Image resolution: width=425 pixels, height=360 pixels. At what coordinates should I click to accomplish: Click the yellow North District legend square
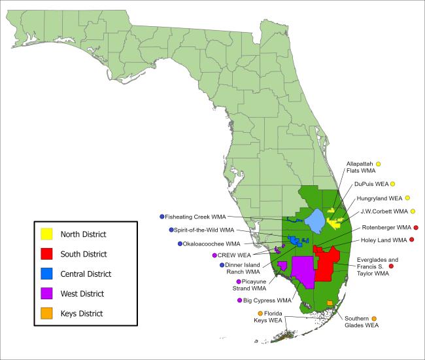(46, 234)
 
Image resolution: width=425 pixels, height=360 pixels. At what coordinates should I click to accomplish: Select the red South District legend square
(46, 254)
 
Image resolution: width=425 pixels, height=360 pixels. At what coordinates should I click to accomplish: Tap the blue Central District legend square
(46, 274)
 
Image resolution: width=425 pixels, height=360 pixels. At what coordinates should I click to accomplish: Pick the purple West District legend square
(46, 294)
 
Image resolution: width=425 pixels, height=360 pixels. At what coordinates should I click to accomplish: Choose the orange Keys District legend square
(46, 314)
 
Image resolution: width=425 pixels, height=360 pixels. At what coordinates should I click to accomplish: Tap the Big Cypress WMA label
(267, 301)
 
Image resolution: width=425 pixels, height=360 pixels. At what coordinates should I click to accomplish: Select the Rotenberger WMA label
(386, 228)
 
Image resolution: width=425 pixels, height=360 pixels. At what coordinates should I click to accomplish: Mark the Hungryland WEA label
(380, 198)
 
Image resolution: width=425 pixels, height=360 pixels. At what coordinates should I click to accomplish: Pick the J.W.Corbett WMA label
(382, 211)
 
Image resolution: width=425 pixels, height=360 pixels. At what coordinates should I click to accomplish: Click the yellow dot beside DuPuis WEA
(393, 184)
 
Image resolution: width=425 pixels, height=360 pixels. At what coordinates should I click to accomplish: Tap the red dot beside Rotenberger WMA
(416, 228)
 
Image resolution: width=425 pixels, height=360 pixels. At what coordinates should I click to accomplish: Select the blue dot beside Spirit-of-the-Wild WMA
(171, 230)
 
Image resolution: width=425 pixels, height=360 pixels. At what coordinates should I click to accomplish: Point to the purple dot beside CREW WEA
(214, 255)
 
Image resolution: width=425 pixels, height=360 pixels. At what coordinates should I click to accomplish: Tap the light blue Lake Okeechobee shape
(315, 221)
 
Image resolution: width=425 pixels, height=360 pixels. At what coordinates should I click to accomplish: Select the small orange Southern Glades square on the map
(330, 302)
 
